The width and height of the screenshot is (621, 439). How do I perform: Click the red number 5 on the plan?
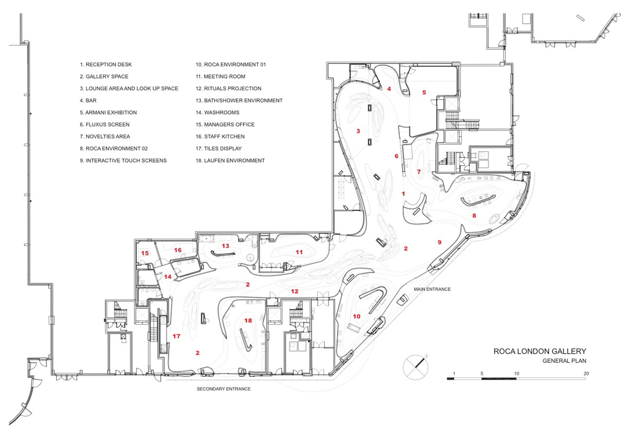coord(424,92)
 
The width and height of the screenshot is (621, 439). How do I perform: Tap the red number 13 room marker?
coord(226,246)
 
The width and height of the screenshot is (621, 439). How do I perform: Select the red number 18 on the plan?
coord(248,321)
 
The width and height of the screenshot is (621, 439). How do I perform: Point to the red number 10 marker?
coord(357,316)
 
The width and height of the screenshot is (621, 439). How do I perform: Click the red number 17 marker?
coord(176,336)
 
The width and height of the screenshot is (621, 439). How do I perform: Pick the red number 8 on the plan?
coord(474,216)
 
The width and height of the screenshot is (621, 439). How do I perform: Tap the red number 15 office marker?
coord(145,253)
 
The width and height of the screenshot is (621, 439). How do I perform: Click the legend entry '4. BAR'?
coord(88,100)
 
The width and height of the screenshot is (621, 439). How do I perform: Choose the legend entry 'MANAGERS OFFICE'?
coord(229,125)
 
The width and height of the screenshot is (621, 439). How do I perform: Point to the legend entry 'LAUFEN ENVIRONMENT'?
coord(234,161)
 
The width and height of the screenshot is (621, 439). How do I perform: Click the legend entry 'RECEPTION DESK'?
coord(109,65)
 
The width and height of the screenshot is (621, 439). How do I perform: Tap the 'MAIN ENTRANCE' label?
coord(432,289)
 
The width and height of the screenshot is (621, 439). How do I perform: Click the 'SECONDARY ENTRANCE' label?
coord(224,389)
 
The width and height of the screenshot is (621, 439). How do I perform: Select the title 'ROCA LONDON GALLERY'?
coord(540,351)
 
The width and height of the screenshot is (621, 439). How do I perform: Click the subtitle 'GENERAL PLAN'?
coord(564,361)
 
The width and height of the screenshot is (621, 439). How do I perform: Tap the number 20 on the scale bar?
coord(586,374)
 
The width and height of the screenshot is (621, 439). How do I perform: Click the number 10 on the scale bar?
coord(517,374)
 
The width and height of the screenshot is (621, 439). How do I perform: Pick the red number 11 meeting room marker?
coord(299,252)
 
